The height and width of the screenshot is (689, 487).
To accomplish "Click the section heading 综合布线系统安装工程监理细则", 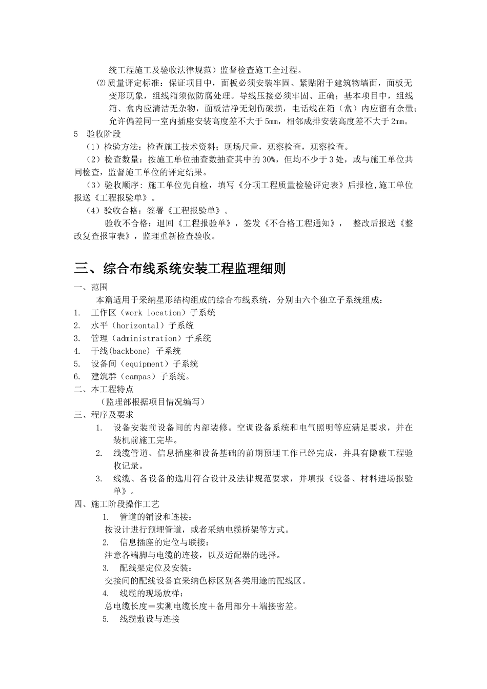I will (x=180, y=268).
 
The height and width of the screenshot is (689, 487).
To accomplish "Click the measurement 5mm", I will (x=270, y=121).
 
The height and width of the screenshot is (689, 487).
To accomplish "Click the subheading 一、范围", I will (x=91, y=287).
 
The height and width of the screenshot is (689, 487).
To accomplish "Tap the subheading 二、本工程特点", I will (x=104, y=390).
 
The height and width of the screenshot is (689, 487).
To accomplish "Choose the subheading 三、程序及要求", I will (x=104, y=415).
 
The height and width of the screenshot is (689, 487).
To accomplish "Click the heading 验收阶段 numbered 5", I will (x=104, y=134).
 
